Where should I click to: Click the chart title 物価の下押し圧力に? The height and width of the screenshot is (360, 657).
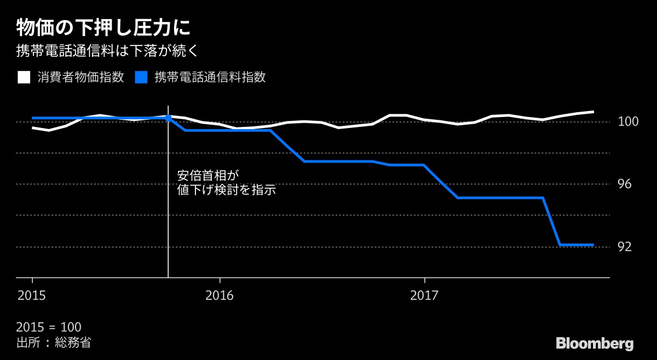103,27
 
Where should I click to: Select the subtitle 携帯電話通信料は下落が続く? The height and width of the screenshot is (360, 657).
110,52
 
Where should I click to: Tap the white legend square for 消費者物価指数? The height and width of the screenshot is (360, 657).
24,77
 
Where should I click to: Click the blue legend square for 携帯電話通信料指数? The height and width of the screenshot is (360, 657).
141,77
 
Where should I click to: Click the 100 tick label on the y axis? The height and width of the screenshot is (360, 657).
629,121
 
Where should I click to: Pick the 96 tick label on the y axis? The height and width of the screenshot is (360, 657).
625,184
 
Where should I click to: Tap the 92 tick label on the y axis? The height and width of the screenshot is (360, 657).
625,247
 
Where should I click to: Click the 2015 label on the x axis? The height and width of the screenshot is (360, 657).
32,295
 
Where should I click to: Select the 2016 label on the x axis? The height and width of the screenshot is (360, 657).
219,295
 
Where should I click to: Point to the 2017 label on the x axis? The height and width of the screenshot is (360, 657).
424,295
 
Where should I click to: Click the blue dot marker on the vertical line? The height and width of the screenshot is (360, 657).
168,118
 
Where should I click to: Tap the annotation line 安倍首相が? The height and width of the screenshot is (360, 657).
209,176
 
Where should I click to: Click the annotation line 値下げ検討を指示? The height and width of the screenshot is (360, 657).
226,191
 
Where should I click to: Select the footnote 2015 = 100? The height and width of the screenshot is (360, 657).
49,328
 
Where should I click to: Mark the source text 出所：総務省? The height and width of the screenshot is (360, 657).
54,343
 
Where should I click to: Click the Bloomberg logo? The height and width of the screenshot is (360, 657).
595,344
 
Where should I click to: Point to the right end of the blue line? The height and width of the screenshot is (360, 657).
593,245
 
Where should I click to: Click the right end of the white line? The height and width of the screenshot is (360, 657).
593,112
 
